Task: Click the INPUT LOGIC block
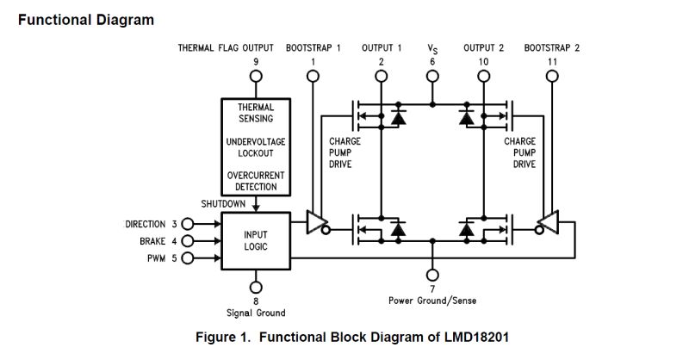click(256, 240)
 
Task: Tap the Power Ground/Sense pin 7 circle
click(432, 275)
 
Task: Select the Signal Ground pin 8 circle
click(256, 287)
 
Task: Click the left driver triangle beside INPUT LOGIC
click(318, 225)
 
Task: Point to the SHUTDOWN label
click(223, 204)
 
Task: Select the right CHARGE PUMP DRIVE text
click(519, 152)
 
